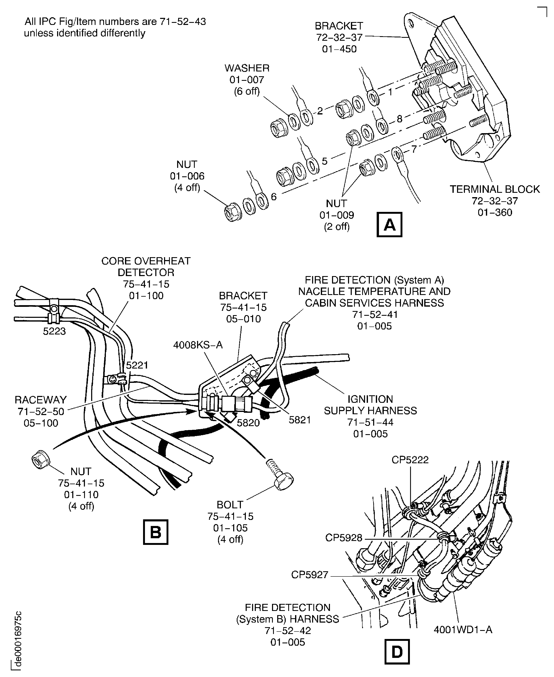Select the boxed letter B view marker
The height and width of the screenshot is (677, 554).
155,532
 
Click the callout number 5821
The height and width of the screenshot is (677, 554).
300,420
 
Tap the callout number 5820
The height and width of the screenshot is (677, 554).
248,423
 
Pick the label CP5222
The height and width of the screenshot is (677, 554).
410,460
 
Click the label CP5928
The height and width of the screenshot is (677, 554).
344,538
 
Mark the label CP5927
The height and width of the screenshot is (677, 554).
310,575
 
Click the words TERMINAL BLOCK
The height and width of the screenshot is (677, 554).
495,189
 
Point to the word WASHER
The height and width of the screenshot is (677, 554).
247,68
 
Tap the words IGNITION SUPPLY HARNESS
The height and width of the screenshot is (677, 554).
370,405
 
